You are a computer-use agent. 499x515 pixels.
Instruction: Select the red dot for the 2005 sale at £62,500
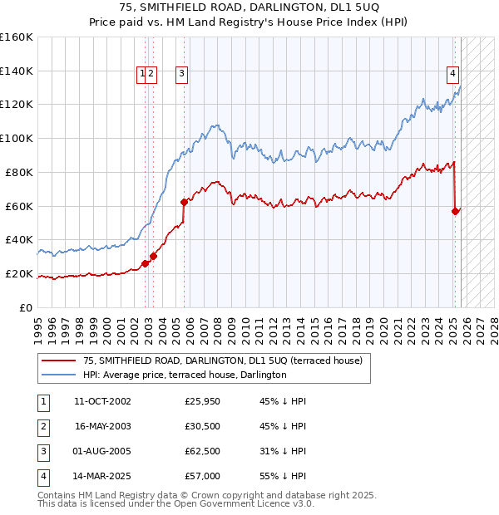(x=184, y=201)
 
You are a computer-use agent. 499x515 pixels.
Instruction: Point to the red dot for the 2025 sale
(x=455, y=211)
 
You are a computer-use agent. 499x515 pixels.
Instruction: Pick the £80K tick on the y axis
(x=19, y=173)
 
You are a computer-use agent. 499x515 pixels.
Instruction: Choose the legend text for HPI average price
(x=185, y=375)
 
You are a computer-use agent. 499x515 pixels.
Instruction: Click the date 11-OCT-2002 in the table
(x=102, y=401)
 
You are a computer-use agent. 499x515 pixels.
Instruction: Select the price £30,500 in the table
(x=203, y=426)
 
